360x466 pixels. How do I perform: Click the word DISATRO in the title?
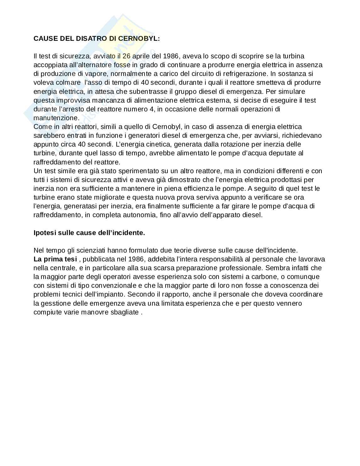[x=92, y=39]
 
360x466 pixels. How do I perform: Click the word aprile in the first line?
[x=141, y=56]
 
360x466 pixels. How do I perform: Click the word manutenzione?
[x=55, y=118]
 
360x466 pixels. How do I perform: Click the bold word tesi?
[x=70, y=259]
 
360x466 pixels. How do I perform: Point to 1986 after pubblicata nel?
[x=136, y=259]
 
